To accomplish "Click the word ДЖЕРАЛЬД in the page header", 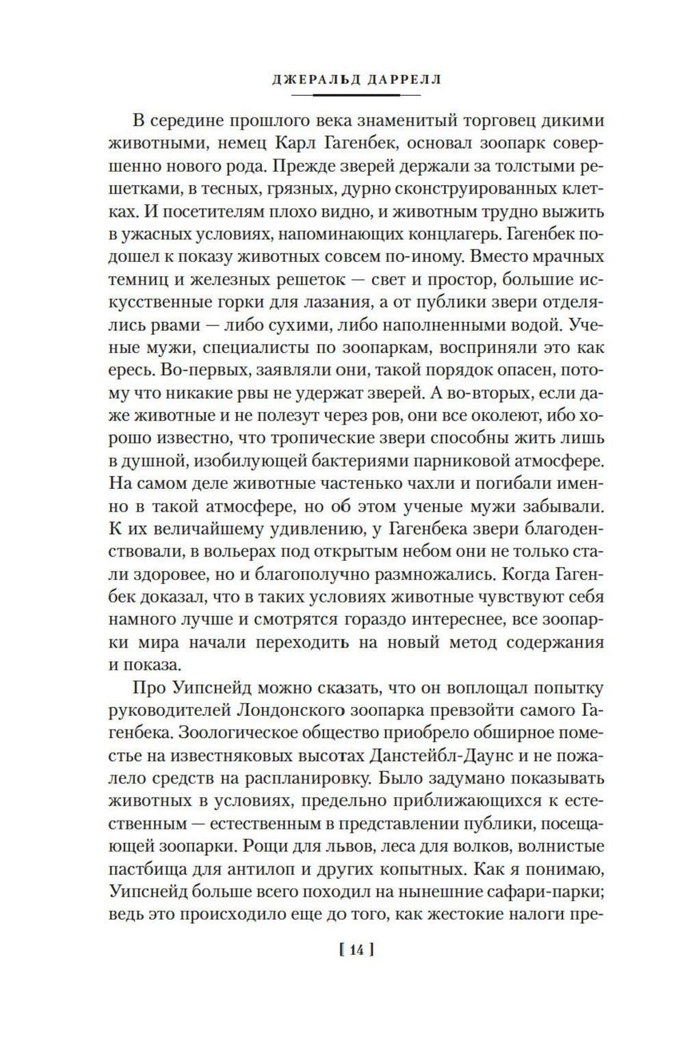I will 309,79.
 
